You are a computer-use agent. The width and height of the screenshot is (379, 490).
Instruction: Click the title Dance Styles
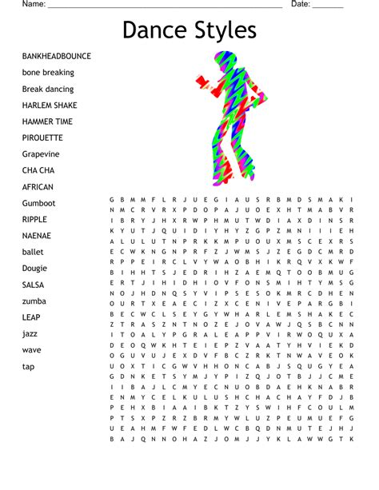point(189,30)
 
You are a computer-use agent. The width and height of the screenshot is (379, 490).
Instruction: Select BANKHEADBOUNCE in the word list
point(57,56)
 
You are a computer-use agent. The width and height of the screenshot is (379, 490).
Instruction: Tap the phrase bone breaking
point(48,73)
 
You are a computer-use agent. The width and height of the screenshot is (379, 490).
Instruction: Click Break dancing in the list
point(48,89)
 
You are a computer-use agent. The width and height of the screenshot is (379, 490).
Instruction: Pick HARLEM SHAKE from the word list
point(50,106)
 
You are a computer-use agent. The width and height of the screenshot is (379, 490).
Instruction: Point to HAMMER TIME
point(47,122)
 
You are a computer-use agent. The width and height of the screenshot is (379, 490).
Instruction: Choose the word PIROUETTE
point(42,137)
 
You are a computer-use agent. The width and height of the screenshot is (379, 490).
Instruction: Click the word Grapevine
point(42,154)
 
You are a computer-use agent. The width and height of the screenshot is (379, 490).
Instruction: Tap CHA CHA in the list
point(38,170)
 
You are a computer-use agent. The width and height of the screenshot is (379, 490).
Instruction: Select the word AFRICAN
point(38,187)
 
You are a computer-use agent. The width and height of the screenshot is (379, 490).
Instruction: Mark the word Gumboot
point(38,203)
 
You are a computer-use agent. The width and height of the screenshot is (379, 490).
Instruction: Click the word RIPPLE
point(34,219)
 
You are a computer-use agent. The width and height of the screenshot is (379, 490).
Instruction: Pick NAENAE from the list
point(36,236)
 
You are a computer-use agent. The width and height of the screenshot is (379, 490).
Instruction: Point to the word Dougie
point(34,269)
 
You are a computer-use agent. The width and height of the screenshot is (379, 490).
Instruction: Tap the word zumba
point(34,301)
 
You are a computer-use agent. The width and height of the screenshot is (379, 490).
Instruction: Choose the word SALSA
point(34,285)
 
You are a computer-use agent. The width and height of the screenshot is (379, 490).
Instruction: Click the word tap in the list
point(28,366)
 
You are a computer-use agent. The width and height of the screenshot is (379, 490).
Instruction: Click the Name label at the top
point(33,4)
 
